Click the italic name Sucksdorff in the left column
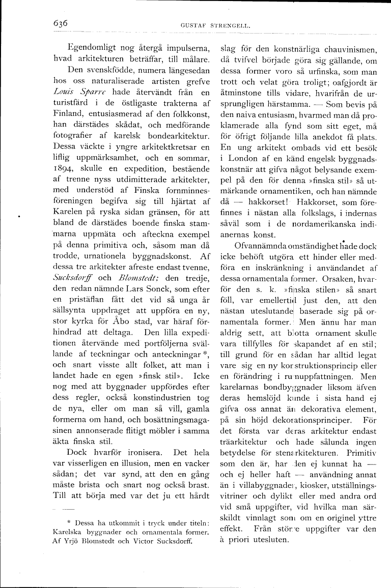(76, 278)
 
